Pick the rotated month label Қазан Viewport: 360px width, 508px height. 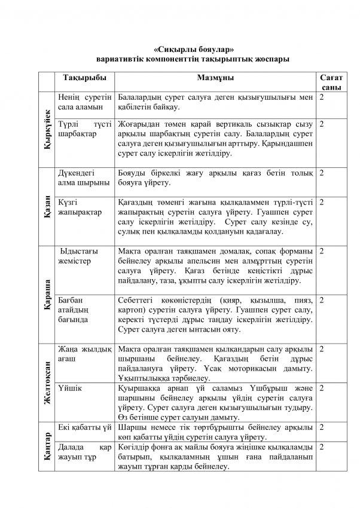pos(47,205)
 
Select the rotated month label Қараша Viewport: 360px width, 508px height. pos(47,292)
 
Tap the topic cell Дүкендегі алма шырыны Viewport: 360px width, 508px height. pos(83,178)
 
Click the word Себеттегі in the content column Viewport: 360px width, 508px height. pos(137,299)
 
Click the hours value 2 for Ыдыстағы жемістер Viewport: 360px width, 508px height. pos(322,250)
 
